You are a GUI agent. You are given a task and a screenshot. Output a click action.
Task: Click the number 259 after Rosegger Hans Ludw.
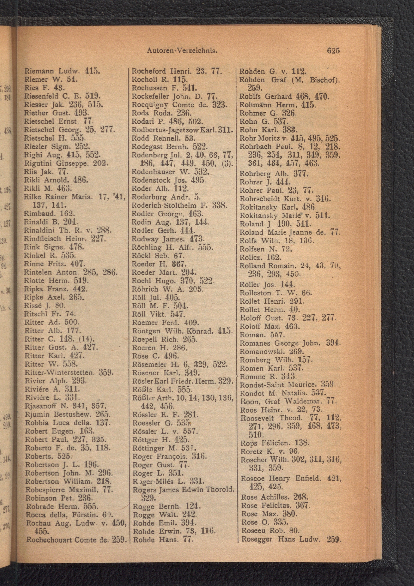click(x=334, y=539)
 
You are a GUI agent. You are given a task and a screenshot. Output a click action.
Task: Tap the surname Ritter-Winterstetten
click(x=58, y=372)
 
